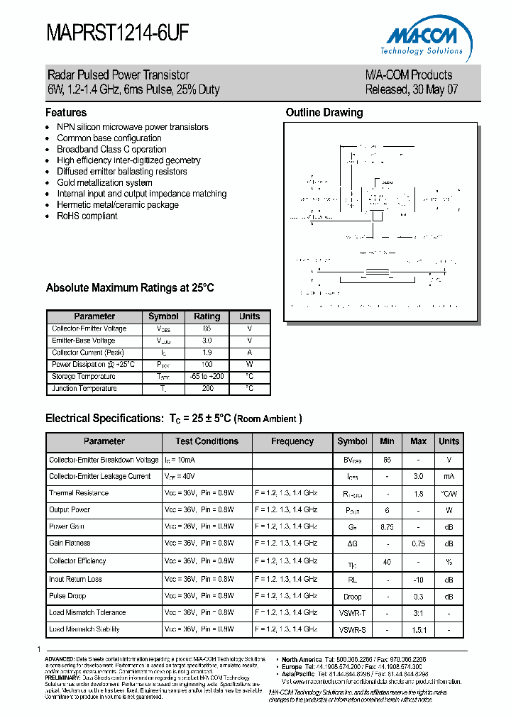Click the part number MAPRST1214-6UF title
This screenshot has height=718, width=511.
tap(118, 34)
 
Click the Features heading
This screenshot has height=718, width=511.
tap(66, 112)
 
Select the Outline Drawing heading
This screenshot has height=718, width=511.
tap(324, 112)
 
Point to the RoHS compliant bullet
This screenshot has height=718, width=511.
tap(87, 216)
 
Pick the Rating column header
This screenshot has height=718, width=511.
tap(207, 316)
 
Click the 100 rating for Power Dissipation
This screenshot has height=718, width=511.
tap(207, 365)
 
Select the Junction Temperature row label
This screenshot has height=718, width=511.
tap(84, 389)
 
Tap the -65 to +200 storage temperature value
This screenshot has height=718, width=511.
tap(207, 377)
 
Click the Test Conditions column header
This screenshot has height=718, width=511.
tap(207, 441)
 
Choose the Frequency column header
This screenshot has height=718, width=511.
tap(292, 441)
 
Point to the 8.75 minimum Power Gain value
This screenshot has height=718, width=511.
tap(387, 527)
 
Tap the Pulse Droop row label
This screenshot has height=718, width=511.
tap(67, 595)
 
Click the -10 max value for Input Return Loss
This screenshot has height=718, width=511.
tap(418, 579)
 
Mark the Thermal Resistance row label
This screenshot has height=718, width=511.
tap(79, 492)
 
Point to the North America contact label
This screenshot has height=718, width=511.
tap(302, 659)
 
